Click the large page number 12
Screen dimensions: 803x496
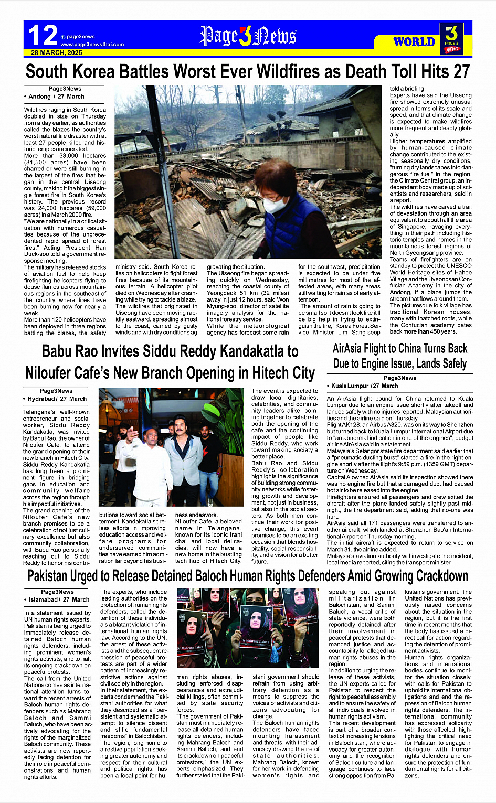[43, 36]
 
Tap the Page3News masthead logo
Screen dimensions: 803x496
[248, 36]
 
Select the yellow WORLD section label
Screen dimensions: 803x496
[414, 42]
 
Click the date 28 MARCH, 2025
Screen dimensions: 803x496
[57, 53]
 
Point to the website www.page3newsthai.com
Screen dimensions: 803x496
[92, 45]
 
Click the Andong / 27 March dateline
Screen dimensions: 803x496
[55, 97]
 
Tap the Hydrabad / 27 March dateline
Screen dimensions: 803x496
[56, 399]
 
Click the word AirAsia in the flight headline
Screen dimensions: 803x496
[353, 349]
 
